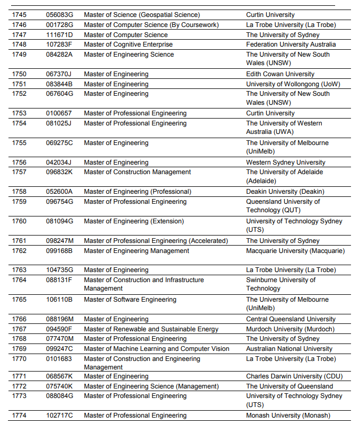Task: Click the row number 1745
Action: pos(19,15)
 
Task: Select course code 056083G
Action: pos(59,15)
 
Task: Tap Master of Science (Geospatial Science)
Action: pos(142,15)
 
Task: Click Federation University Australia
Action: pos(291,44)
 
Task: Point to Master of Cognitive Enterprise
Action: pos(128,44)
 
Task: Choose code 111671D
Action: pos(59,35)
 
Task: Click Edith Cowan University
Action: pos(280,74)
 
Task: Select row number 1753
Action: pos(19,113)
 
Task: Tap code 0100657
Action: pos(59,113)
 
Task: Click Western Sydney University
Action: pos(286,162)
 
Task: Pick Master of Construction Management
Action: pos(138,172)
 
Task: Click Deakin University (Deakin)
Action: pos(285,192)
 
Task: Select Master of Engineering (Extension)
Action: pos(134,221)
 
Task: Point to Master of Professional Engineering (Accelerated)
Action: pos(156,241)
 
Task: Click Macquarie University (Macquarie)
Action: pos(295,250)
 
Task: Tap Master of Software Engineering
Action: pos(130,300)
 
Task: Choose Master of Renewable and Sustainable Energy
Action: pos(151,329)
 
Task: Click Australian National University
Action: pos(289,349)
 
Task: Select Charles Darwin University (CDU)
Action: pos(294,376)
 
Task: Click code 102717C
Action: pos(59,415)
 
